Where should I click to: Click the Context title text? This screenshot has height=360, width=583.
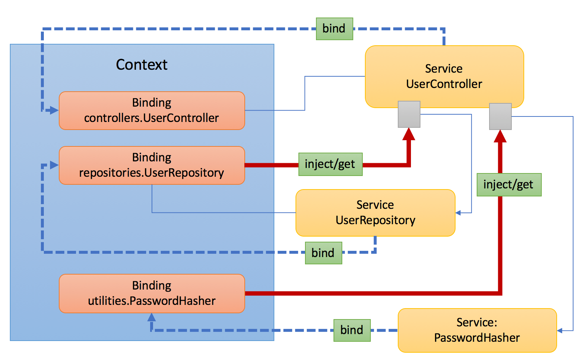coord(141,65)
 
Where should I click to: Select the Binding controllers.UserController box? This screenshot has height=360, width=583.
coord(152,110)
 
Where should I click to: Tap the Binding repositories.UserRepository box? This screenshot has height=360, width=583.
coord(152,165)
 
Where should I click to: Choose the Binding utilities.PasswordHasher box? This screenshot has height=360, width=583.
coord(152,293)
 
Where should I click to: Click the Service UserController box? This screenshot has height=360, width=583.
coord(444,76)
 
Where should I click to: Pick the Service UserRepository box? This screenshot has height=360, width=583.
coord(375,212)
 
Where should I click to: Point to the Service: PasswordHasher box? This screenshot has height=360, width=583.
coord(477,330)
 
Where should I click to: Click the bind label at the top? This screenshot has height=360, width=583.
coord(334,28)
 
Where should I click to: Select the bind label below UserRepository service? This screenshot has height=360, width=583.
coord(323,253)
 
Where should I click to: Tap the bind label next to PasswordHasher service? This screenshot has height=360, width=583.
coord(352,330)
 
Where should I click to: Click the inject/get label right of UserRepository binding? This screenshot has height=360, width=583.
coord(330,164)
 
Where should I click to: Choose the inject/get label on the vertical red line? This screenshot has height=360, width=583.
coord(509,185)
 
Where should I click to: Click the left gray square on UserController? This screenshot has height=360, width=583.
coord(409,114)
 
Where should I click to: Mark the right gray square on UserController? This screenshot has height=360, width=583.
coord(500,116)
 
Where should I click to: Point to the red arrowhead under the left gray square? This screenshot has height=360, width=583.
coord(409,134)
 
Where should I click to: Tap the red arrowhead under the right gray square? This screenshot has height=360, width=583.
coord(500,137)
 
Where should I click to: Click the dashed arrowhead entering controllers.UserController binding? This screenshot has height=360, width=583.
coord(54,110)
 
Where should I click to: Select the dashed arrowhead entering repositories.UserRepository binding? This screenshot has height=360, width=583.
coord(54,165)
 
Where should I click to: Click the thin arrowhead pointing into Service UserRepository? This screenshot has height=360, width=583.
coord(458,212)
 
